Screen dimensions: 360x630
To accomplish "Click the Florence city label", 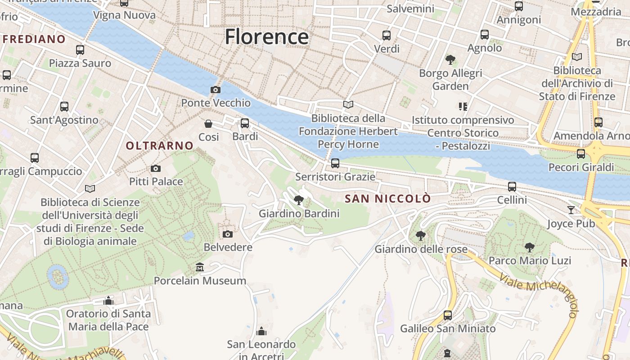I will (267, 36).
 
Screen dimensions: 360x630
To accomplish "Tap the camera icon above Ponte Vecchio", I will (216, 90).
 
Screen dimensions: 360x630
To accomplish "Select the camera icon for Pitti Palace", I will (156, 168).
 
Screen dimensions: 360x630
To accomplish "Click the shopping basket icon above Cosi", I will (208, 124).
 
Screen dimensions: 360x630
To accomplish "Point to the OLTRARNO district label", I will (160, 146).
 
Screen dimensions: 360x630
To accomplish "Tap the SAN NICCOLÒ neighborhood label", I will (387, 198).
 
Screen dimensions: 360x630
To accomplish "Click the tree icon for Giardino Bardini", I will (298, 200).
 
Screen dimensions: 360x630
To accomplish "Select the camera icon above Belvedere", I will (228, 234).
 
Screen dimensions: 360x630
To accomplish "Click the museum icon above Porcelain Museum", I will (200, 268).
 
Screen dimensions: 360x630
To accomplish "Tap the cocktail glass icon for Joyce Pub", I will (571, 210).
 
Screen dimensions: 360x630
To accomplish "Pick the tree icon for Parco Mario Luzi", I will (530, 247).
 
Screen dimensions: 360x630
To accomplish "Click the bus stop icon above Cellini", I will (512, 186).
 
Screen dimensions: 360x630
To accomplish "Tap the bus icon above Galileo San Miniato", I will (448, 315).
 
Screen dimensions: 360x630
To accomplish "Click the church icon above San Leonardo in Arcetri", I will (261, 332).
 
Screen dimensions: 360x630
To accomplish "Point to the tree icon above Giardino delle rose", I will (421, 235).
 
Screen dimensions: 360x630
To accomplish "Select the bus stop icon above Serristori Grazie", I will (335, 163).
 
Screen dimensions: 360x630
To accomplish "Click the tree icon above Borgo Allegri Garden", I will (450, 59).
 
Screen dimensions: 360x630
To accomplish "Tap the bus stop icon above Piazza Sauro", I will (80, 50).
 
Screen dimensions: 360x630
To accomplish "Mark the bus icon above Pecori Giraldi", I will (581, 154).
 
